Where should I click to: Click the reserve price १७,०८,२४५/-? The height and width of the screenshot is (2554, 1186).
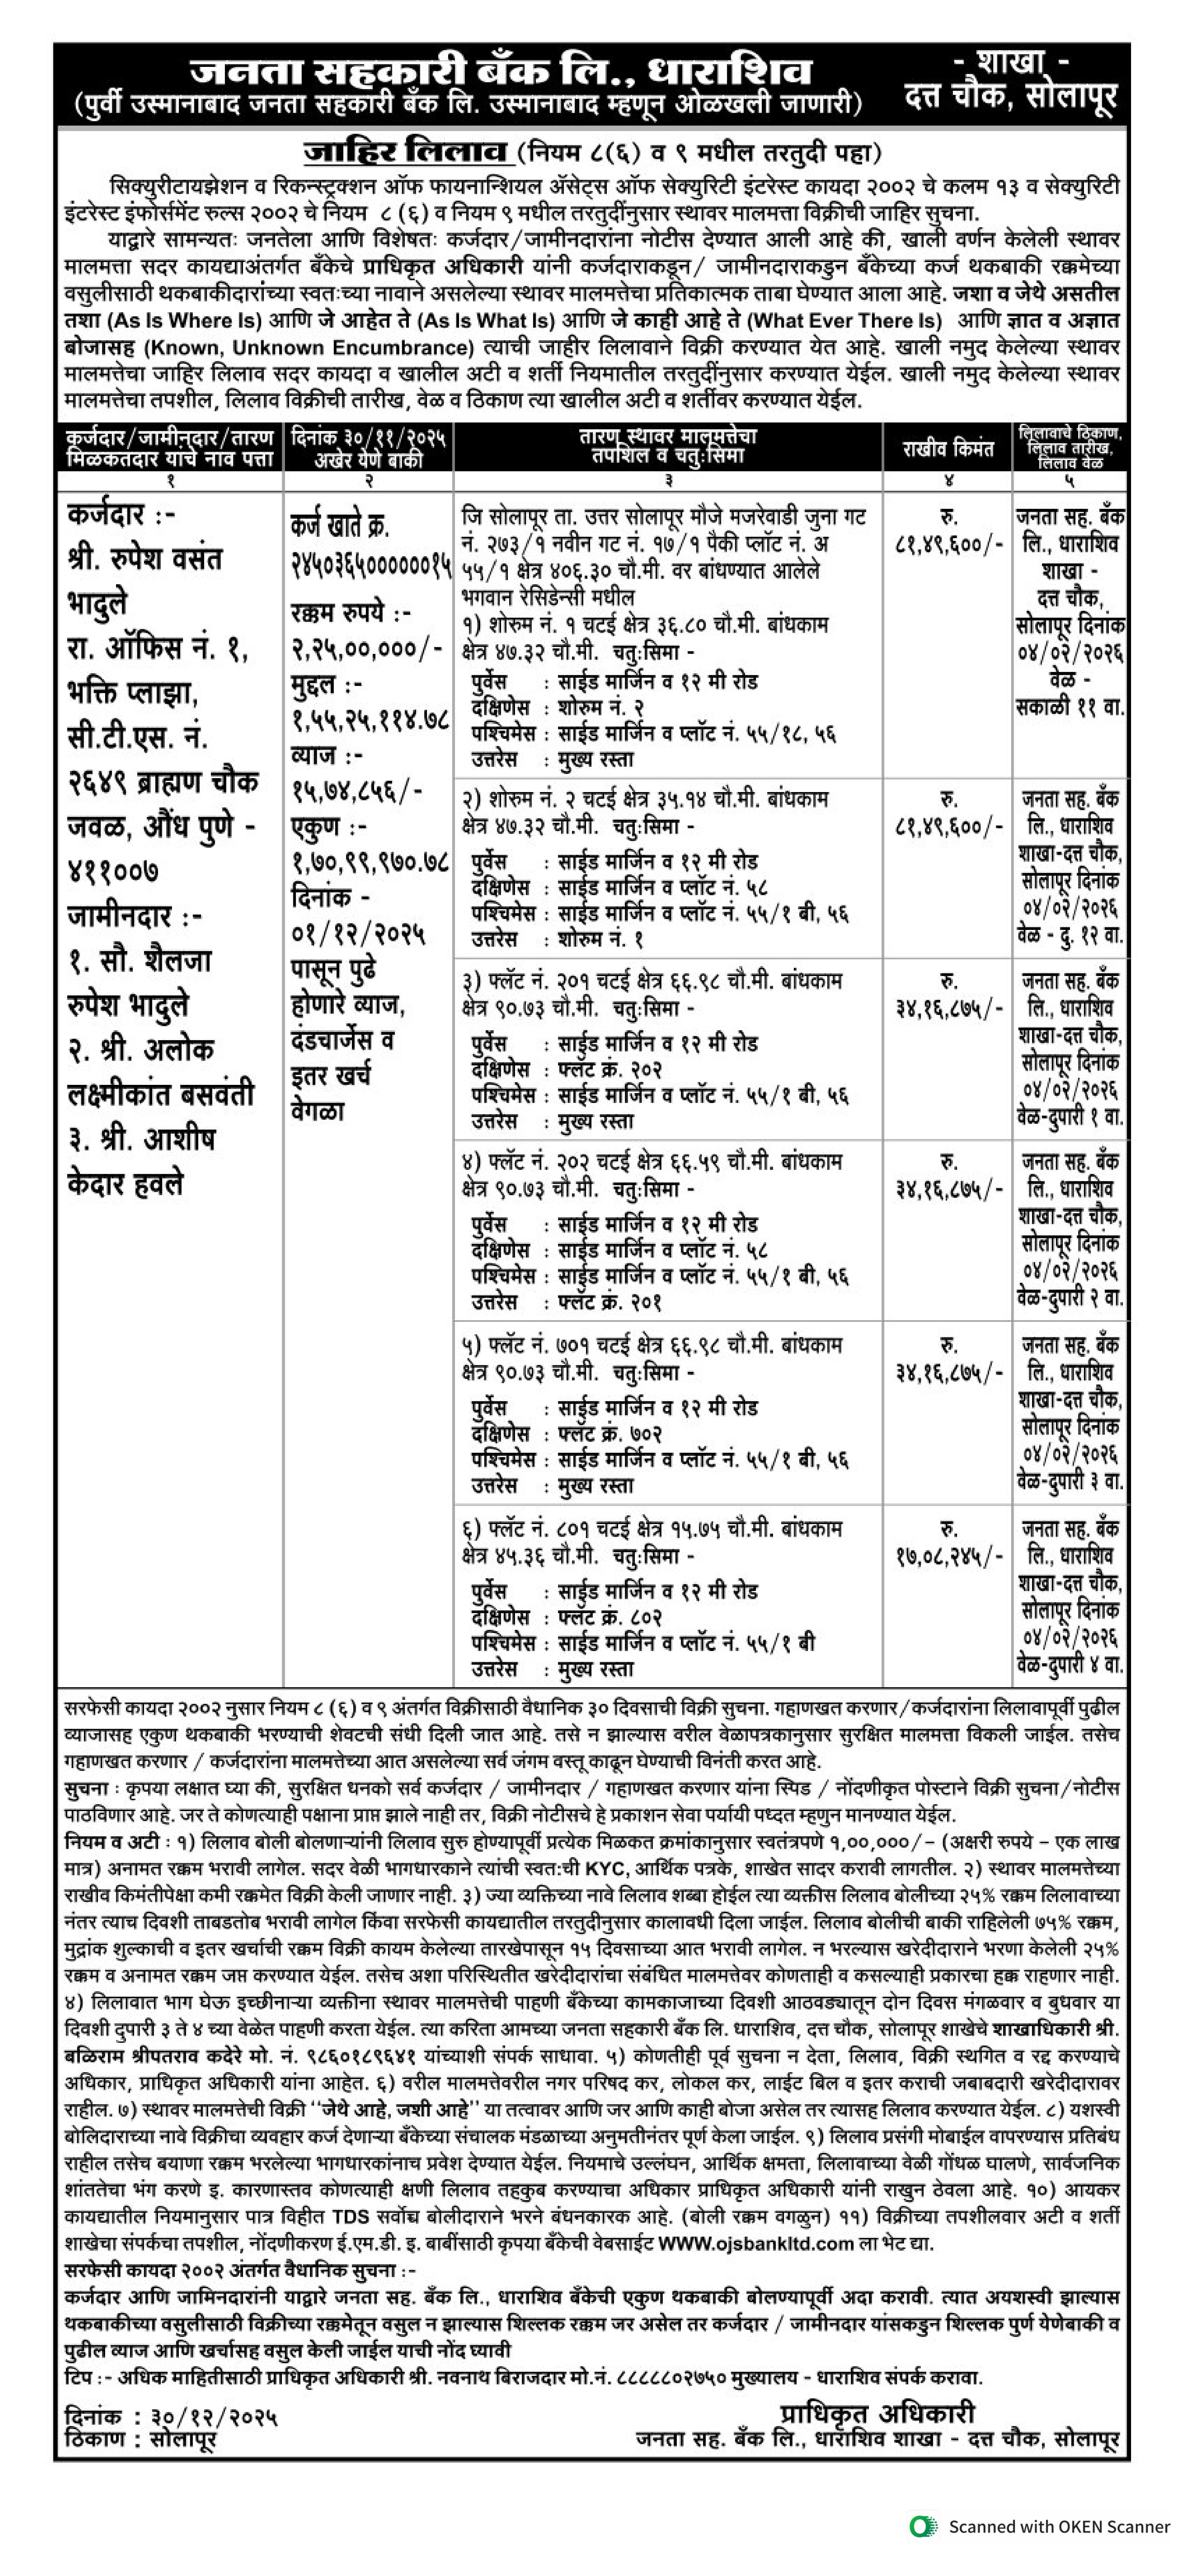click(947, 1559)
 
